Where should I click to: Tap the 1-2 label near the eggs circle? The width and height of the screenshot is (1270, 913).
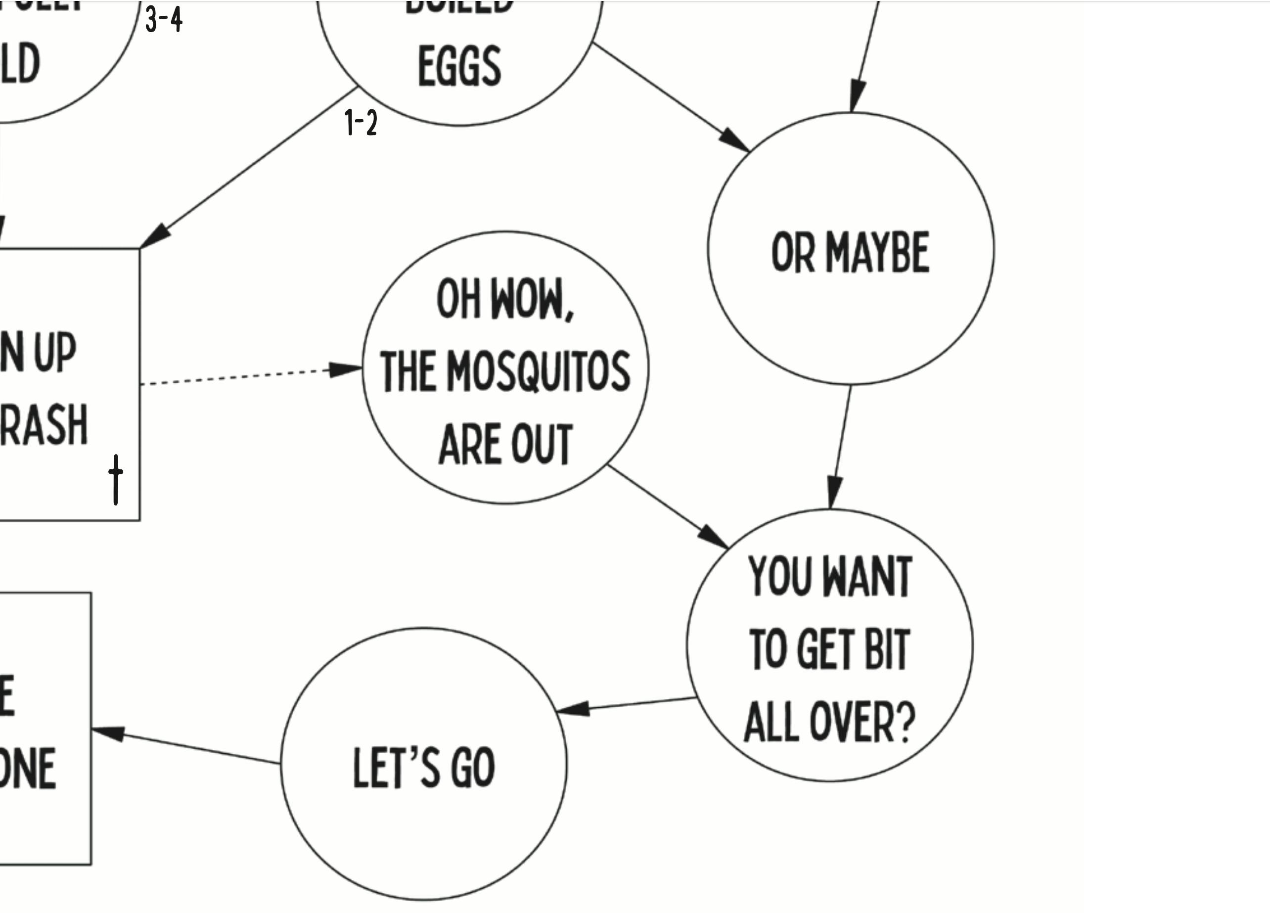coord(361,123)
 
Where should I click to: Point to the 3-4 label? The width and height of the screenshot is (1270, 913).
coord(164,20)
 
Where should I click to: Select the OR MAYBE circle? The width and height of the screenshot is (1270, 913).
coord(851,249)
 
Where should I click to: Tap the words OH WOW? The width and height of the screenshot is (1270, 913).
coord(505,300)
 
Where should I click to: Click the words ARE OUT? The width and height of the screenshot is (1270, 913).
coord(505,444)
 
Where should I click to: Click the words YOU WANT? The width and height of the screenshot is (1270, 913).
coord(830,577)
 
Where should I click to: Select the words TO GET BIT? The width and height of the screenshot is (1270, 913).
coord(829,650)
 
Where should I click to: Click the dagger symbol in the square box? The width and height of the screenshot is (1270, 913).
coord(115,479)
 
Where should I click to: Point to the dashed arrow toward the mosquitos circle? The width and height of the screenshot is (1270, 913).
coord(246,376)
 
